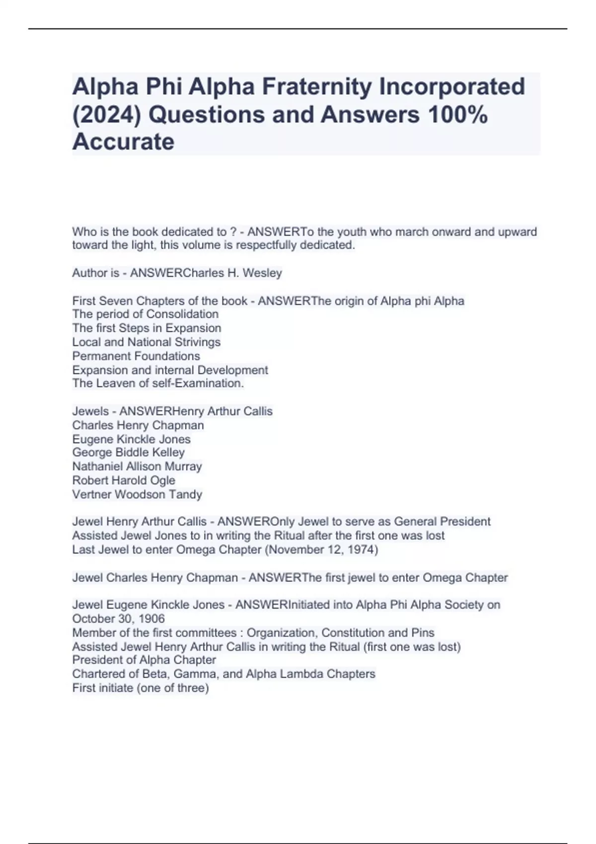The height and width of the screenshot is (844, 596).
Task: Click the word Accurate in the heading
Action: coord(123,142)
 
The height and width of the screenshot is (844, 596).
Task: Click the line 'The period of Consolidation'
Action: coord(145,314)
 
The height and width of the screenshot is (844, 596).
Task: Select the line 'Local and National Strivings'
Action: coord(146,342)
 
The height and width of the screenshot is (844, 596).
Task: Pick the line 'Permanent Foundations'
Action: coord(136,356)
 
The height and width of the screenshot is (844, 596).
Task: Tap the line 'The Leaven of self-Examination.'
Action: coord(158,383)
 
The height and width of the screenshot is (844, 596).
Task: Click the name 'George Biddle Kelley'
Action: coord(128,452)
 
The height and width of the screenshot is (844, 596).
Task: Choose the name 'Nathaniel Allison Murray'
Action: coord(137,466)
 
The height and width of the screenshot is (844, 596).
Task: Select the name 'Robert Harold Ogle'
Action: coord(124,480)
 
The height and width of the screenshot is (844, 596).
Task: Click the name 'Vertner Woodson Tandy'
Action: coord(137,494)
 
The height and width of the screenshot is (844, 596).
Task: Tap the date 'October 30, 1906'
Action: coord(118,619)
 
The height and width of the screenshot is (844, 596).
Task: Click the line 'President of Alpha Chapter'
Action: coord(144,660)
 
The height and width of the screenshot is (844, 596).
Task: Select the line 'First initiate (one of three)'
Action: coord(141,688)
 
